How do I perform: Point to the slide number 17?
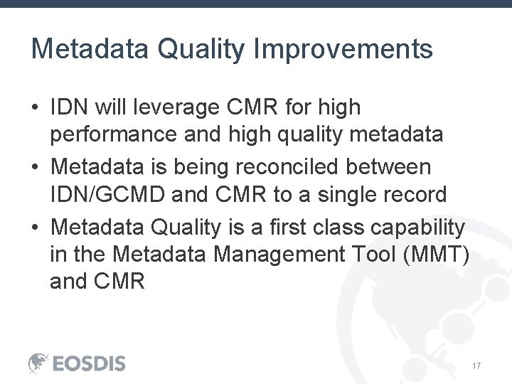[x=477, y=366]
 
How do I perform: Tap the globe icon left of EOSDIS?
[x=38, y=363]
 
